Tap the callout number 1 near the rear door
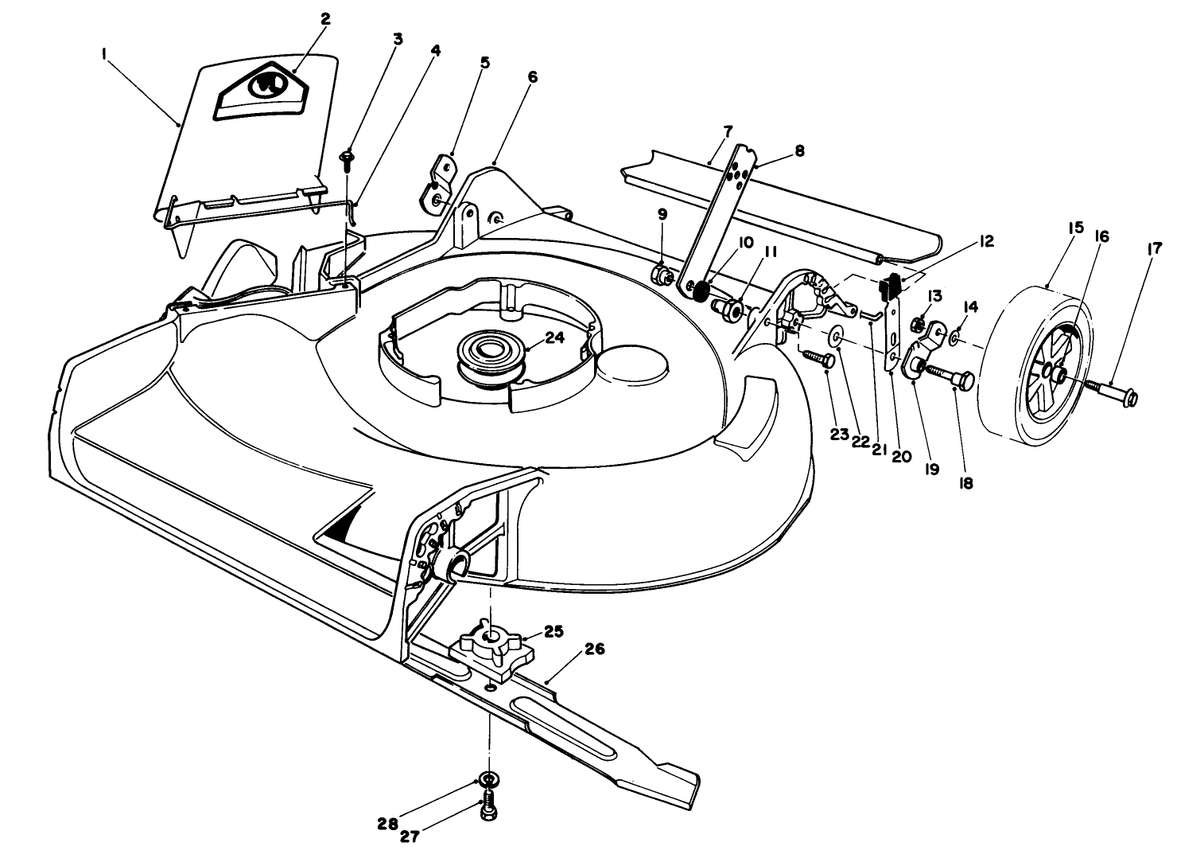104,53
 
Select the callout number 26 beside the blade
594,649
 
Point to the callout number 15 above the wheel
1075,228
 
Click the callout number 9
662,214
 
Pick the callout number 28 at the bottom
388,825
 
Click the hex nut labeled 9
662,274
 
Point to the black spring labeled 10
700,291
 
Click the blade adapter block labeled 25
491,651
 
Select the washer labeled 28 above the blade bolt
488,778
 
